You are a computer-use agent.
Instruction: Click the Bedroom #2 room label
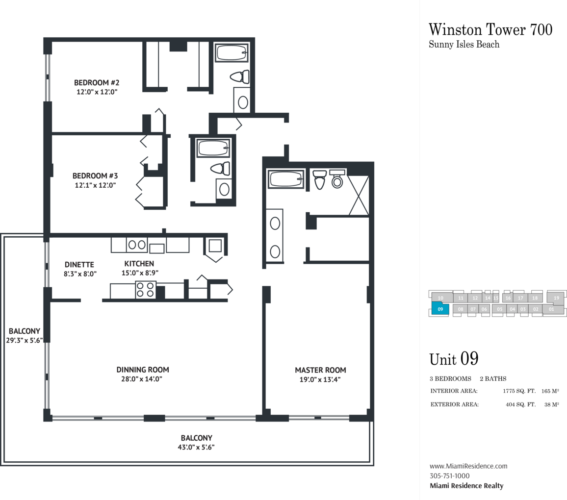click(x=97, y=82)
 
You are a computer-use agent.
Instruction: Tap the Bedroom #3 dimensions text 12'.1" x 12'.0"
click(x=95, y=185)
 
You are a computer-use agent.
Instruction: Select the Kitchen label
click(x=139, y=264)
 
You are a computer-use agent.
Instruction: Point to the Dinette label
click(x=79, y=265)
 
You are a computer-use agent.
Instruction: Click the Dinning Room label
click(x=142, y=370)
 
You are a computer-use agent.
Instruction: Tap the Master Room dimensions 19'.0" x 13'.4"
click(x=320, y=379)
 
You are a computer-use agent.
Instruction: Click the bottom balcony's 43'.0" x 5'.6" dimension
click(x=196, y=447)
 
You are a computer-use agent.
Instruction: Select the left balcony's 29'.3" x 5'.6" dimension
click(x=24, y=340)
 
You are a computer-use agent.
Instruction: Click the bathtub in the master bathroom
click(x=285, y=179)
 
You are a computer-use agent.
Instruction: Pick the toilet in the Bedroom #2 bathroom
click(x=240, y=76)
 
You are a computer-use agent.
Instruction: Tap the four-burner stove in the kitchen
click(x=145, y=290)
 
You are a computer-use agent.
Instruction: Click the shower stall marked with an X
click(x=358, y=196)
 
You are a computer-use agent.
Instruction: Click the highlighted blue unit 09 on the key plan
click(x=440, y=309)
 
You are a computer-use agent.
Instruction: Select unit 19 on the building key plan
click(x=556, y=298)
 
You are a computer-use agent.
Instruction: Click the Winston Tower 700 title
click(x=490, y=29)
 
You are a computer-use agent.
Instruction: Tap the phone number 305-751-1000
click(x=449, y=476)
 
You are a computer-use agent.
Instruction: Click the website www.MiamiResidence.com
click(x=468, y=466)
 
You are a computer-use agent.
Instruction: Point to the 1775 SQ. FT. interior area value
click(x=519, y=391)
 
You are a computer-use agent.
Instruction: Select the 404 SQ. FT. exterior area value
click(x=520, y=404)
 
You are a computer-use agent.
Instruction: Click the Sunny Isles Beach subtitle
click(x=464, y=45)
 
